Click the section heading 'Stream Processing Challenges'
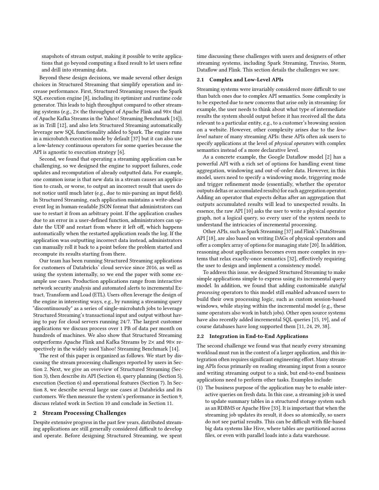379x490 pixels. click(84, 413)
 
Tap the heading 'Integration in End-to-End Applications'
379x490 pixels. click(258, 336)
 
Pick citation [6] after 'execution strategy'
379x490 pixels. click(121, 152)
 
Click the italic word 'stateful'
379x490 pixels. click(337, 285)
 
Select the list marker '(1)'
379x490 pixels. click(200, 388)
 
